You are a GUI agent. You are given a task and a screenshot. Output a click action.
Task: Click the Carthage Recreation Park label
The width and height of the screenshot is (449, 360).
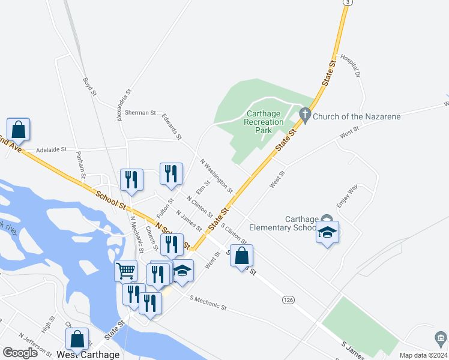[264, 122]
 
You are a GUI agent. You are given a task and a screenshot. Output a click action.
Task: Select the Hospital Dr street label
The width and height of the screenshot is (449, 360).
[349, 66]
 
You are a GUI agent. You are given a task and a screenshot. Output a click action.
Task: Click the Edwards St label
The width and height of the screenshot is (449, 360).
[171, 127]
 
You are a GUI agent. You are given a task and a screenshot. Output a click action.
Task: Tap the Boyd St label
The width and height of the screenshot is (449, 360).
[89, 85]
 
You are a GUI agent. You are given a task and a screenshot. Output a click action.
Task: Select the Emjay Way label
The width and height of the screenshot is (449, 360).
[347, 196]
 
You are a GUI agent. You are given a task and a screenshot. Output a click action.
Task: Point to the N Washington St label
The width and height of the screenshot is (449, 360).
[216, 175]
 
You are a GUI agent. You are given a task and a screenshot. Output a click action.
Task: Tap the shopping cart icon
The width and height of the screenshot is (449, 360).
[125, 271]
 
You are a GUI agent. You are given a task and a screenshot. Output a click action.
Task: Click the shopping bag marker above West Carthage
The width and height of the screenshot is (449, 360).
[77, 339]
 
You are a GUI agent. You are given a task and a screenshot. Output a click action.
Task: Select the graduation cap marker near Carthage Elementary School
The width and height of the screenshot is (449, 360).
[327, 232]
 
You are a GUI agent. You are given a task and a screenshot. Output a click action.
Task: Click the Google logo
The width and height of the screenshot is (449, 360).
[20, 353]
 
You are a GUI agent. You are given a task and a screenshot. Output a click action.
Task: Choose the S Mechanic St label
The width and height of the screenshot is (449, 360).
[208, 303]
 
